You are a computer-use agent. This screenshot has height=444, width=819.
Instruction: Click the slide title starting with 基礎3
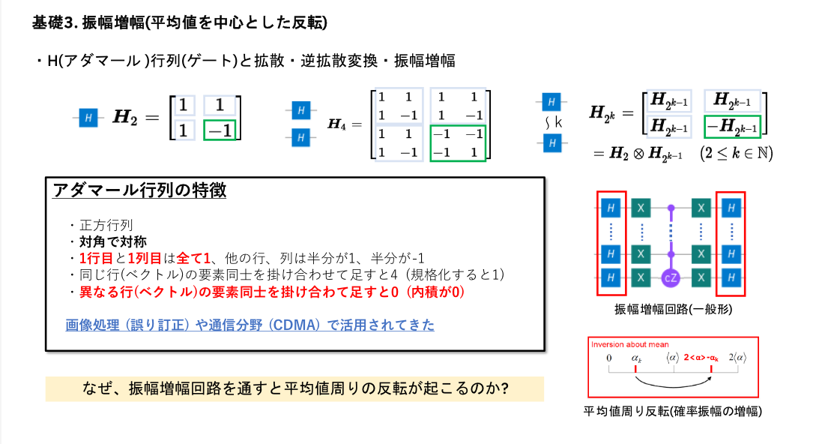point(180,22)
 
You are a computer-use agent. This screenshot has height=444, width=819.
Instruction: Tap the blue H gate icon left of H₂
point(88,118)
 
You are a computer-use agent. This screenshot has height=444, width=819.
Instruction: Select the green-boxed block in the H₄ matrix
point(458,142)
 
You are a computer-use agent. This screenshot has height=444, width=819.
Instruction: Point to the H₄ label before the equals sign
point(339,124)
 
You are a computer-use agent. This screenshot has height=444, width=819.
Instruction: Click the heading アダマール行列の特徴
point(139,190)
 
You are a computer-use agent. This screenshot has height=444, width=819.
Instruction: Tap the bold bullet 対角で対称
point(112,241)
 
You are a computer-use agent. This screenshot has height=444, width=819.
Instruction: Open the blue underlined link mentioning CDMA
point(250,325)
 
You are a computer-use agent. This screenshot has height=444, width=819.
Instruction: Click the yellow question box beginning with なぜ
point(294,388)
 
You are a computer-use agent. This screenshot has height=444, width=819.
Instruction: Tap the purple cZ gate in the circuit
point(670,276)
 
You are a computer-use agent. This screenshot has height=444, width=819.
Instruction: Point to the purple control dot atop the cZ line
point(670,207)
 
